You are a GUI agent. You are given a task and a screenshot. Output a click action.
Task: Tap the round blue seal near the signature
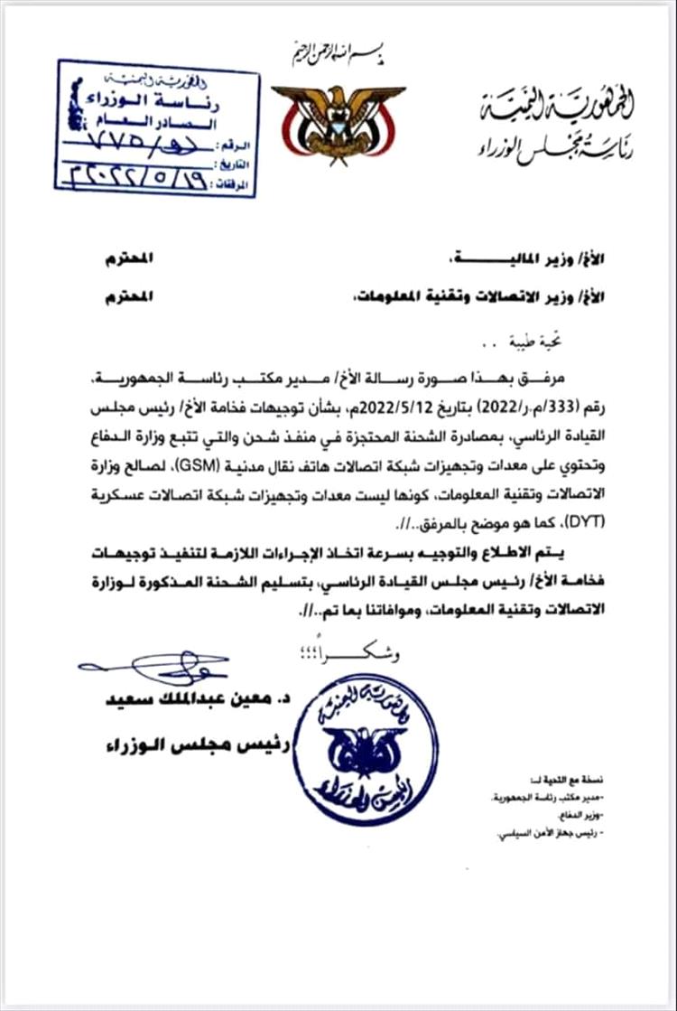click(366, 749)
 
